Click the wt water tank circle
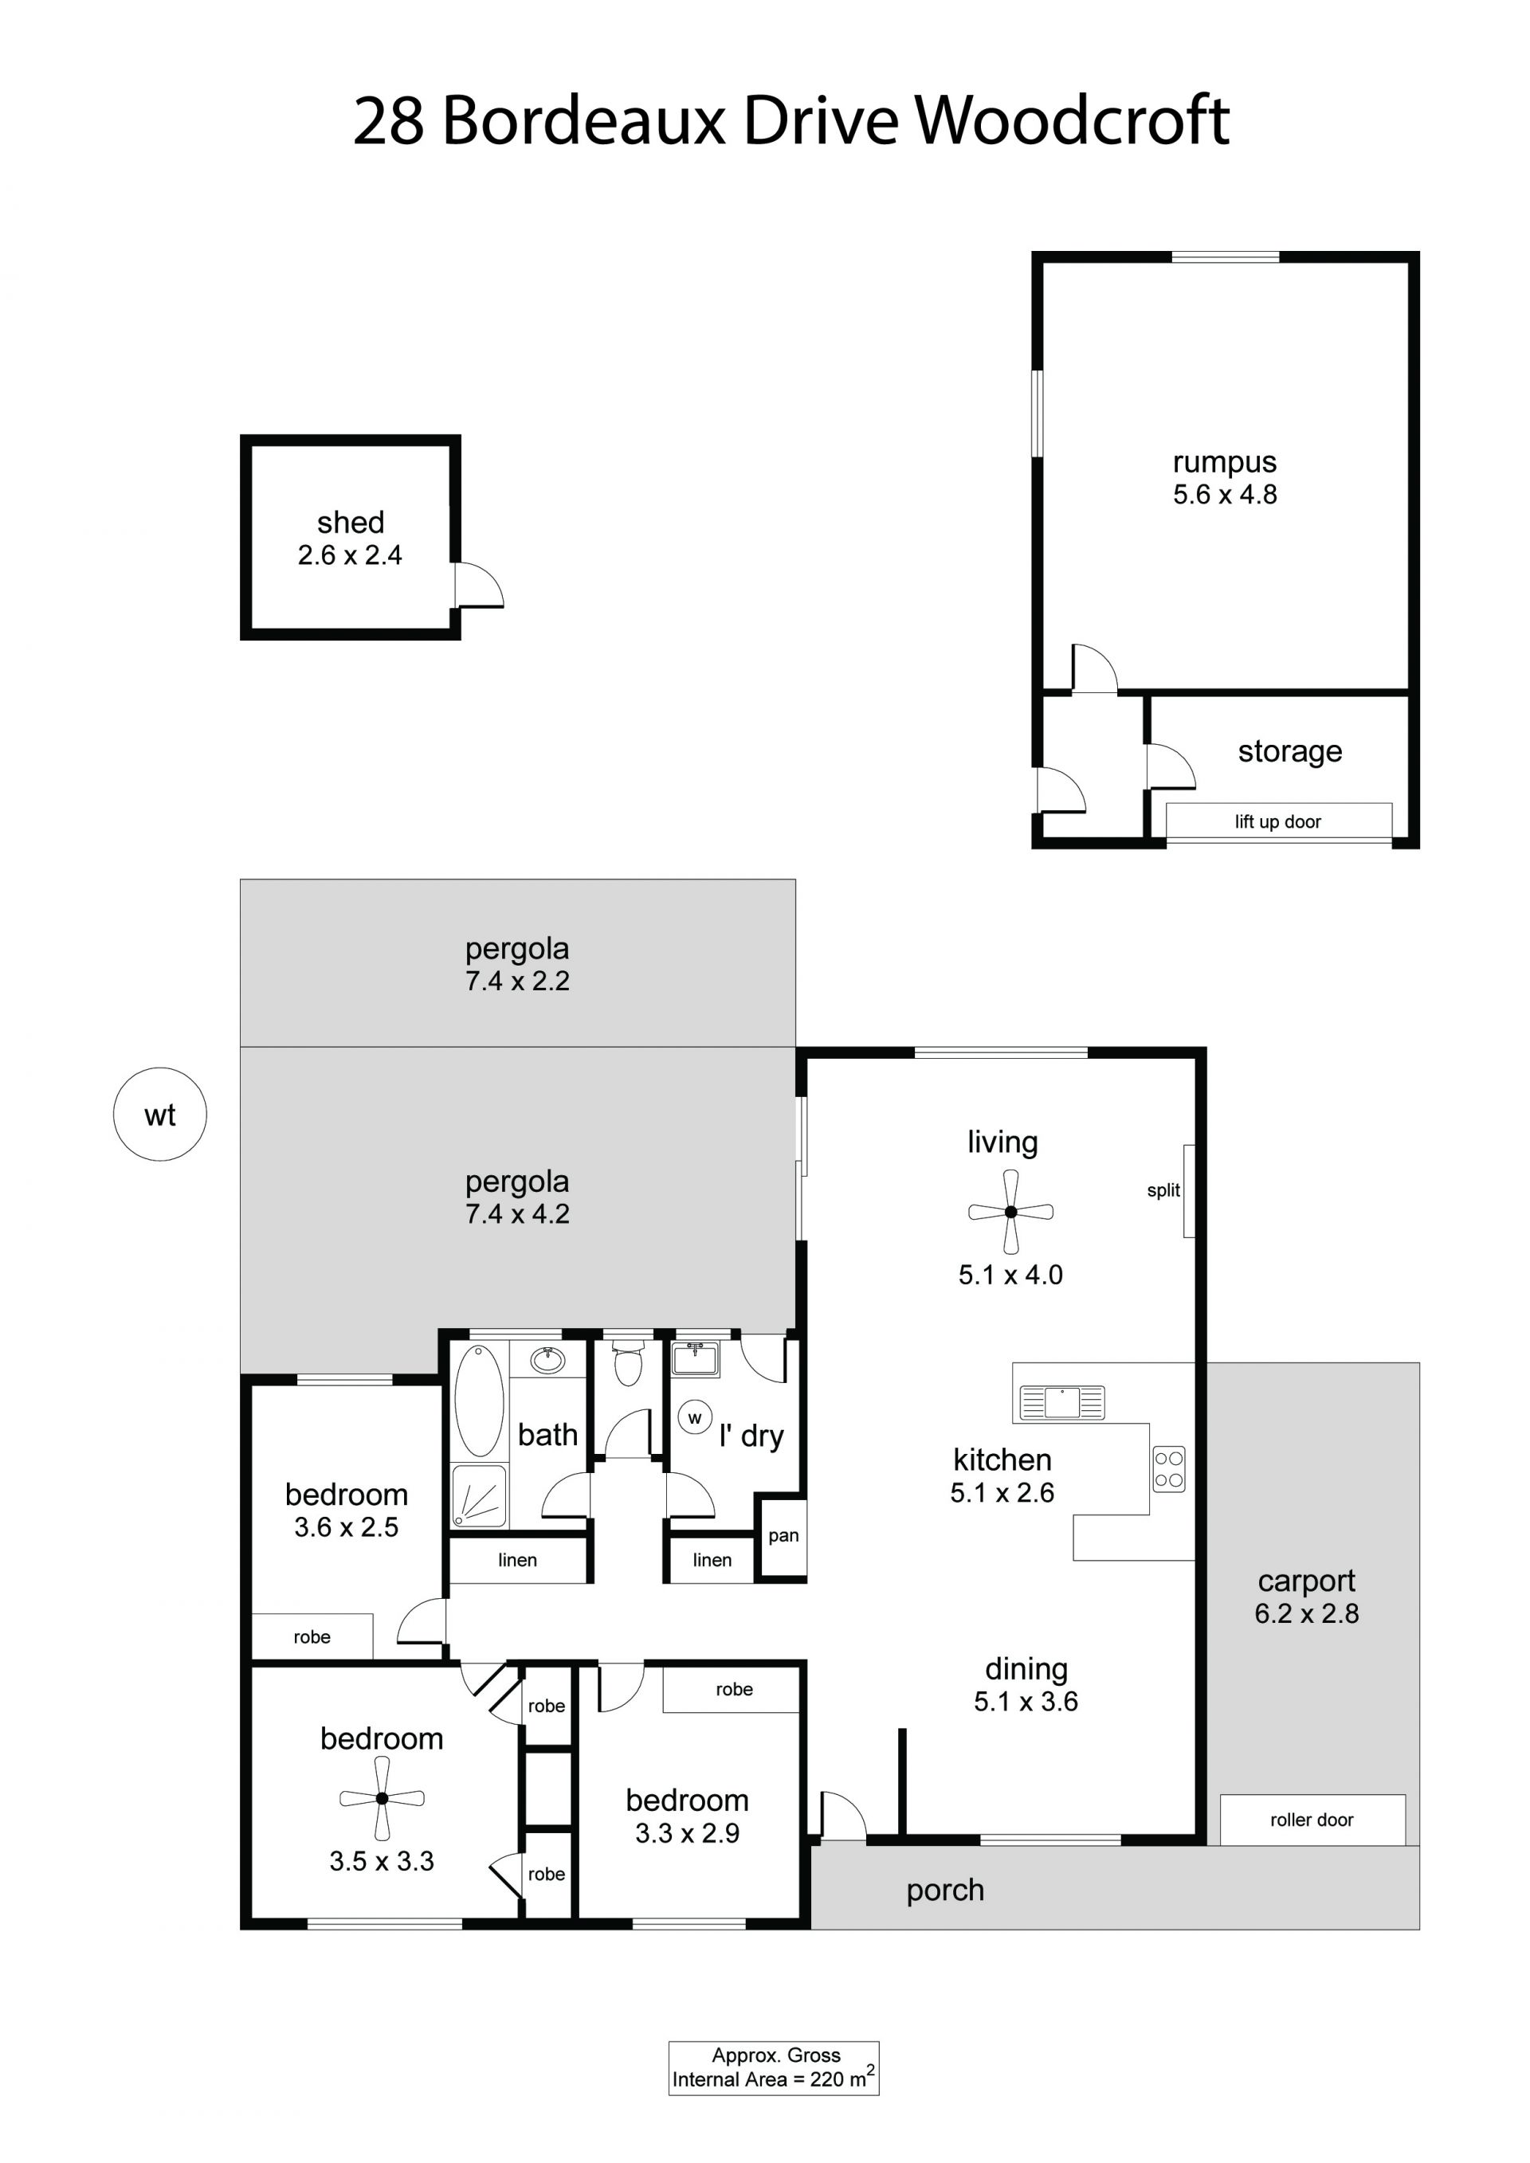tap(160, 1115)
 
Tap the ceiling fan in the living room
tap(1011, 1213)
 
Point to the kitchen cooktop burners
tap(1169, 1470)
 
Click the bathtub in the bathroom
tap(480, 1401)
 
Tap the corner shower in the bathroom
tap(480, 1495)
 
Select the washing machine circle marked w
tap(696, 1418)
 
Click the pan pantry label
tap(784, 1535)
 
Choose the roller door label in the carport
tap(1312, 1820)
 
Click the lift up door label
tap(1277, 821)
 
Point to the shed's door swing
tap(480, 585)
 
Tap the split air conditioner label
tap(1163, 1191)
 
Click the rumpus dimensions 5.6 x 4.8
tap(1225, 495)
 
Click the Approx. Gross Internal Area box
tap(774, 2068)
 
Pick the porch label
tap(945, 1891)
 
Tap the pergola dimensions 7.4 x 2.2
tap(517, 981)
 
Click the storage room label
tap(1290, 752)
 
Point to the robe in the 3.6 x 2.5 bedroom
tap(312, 1637)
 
